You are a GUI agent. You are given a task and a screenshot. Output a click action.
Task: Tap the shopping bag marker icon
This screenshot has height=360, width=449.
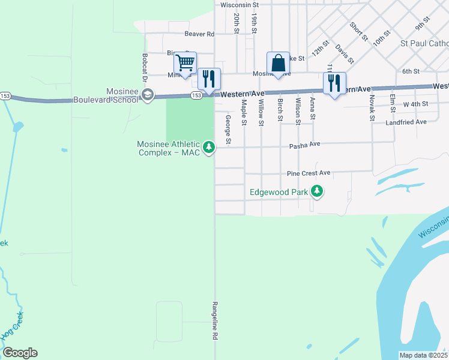pyautogui.click(x=278, y=62)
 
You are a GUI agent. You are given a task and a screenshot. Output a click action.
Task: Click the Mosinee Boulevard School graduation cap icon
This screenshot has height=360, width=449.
pyautogui.click(x=148, y=95)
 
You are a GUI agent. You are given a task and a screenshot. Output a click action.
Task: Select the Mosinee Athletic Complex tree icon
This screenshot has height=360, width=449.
pyautogui.click(x=209, y=147)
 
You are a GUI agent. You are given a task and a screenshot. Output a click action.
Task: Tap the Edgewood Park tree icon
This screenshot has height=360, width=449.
pyautogui.click(x=317, y=193)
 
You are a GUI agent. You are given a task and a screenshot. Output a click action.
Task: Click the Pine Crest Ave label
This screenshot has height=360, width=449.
pyautogui.click(x=309, y=173)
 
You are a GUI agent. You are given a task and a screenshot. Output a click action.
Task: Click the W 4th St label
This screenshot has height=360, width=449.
pyautogui.click(x=415, y=104)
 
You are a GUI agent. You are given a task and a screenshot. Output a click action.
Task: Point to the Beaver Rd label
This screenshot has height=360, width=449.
pyautogui.click(x=199, y=34)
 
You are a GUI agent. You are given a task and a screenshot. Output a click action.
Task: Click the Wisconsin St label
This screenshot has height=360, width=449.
pyautogui.click(x=243, y=4)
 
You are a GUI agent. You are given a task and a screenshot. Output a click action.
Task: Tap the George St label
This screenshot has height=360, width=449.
pyautogui.click(x=228, y=130)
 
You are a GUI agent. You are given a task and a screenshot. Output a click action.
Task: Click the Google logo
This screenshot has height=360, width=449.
pyautogui.click(x=20, y=353)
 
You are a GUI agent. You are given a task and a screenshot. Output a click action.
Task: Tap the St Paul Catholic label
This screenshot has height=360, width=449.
pyautogui.click(x=424, y=43)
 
